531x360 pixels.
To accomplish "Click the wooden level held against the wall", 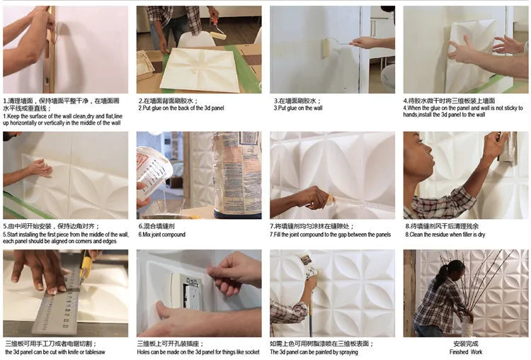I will (50, 50).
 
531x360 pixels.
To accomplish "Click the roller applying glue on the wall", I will (326, 47).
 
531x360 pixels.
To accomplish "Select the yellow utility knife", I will (86, 266).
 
